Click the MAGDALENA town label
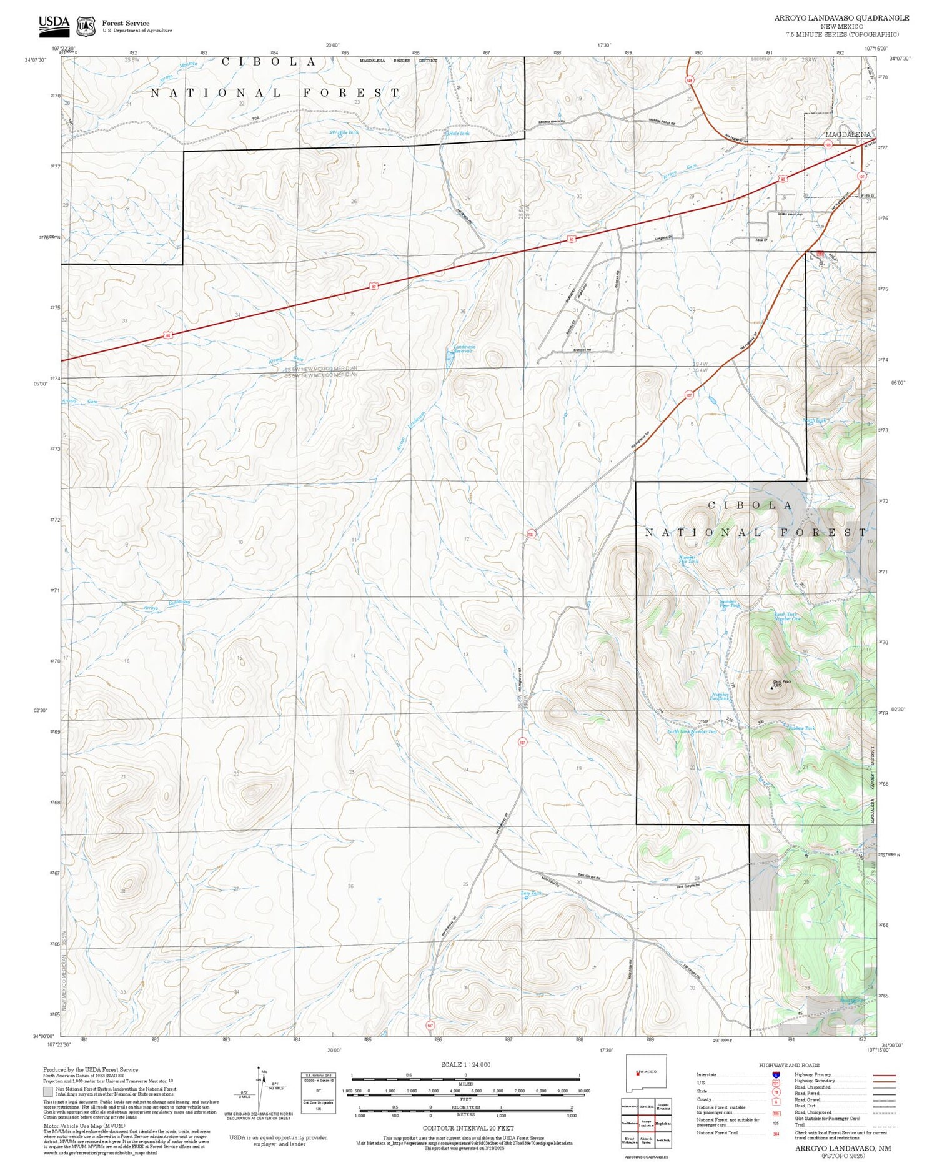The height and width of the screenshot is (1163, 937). (848, 134)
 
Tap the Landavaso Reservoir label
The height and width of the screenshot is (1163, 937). (464, 349)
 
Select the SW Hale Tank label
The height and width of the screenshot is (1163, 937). (344, 132)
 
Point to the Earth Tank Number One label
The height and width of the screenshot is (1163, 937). (786, 616)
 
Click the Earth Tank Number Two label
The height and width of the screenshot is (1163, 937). (692, 731)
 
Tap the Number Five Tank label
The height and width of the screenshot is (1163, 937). (688, 559)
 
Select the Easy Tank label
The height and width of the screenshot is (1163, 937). (531, 893)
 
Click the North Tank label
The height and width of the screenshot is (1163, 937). (815, 420)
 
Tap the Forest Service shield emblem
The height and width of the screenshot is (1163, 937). (86, 26)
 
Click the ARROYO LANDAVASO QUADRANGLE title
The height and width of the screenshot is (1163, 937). (841, 17)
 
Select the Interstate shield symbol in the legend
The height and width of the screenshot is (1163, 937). (776, 1075)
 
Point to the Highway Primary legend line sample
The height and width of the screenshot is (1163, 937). (882, 1075)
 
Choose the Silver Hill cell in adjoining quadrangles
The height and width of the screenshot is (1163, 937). (646, 1106)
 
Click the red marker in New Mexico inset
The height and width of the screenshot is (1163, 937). (637, 1074)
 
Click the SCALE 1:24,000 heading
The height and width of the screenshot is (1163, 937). (465, 1065)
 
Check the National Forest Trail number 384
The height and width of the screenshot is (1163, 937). (776, 1133)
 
